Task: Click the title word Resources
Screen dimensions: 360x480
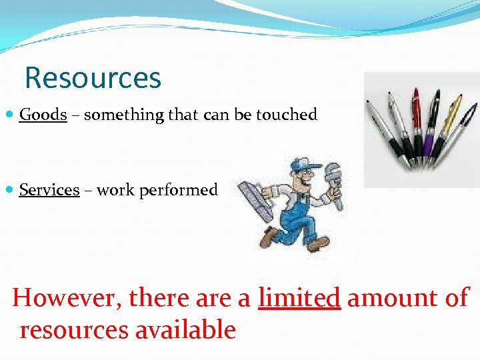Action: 93,78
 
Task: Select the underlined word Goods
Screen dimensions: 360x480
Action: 43,115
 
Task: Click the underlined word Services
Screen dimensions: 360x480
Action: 49,190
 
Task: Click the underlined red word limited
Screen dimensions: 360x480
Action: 299,297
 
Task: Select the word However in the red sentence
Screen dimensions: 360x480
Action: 66,298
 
